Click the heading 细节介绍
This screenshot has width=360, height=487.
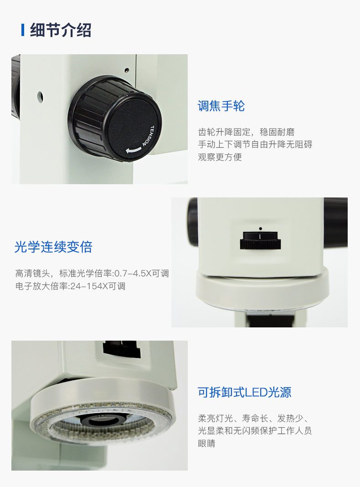61,30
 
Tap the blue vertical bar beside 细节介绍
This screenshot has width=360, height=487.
23,30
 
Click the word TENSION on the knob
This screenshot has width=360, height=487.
148,136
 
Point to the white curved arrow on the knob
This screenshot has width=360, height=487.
134,150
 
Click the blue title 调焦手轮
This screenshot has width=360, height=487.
221,106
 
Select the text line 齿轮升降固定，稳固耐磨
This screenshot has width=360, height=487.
247,132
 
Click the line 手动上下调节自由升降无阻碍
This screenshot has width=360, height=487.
255,145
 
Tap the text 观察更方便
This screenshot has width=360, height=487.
220,157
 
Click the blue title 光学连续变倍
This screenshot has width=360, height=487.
53,247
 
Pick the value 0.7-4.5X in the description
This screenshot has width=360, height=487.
133,274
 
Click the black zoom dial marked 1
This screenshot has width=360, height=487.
260,240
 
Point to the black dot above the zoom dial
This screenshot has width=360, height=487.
260,228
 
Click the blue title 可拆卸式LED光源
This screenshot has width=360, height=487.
245,392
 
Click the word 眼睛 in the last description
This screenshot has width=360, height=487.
207,443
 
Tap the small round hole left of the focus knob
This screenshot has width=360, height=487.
40,97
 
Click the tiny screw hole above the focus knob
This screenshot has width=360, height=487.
127,70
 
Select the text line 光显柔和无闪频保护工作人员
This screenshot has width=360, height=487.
255,431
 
